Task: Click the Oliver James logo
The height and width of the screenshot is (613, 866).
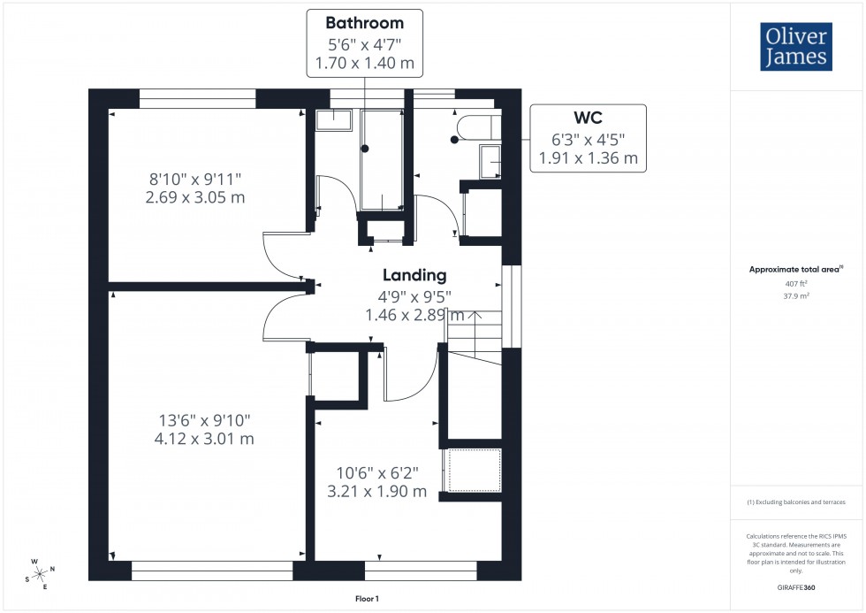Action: pyautogui.click(x=795, y=47)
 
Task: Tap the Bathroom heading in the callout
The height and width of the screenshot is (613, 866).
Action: pyautogui.click(x=364, y=23)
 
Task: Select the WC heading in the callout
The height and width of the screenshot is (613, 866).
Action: pyautogui.click(x=588, y=119)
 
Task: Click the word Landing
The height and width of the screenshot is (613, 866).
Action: pyautogui.click(x=414, y=275)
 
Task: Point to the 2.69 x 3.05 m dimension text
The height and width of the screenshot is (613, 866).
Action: pyautogui.click(x=194, y=197)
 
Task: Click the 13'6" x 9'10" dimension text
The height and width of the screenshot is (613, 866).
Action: pyautogui.click(x=194, y=419)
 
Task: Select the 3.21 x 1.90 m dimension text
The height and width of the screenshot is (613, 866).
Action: pyautogui.click(x=383, y=491)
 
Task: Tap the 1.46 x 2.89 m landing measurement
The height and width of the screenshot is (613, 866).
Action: pyautogui.click(x=414, y=314)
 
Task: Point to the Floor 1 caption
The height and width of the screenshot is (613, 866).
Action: pyautogui.click(x=365, y=599)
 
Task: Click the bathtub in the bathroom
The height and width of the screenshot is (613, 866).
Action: pyautogui.click(x=381, y=159)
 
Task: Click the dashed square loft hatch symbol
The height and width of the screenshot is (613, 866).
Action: pyautogui.click(x=475, y=470)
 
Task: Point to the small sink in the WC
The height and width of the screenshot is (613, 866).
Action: pyautogui.click(x=490, y=162)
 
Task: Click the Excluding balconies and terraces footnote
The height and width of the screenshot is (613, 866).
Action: pyautogui.click(x=796, y=502)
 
